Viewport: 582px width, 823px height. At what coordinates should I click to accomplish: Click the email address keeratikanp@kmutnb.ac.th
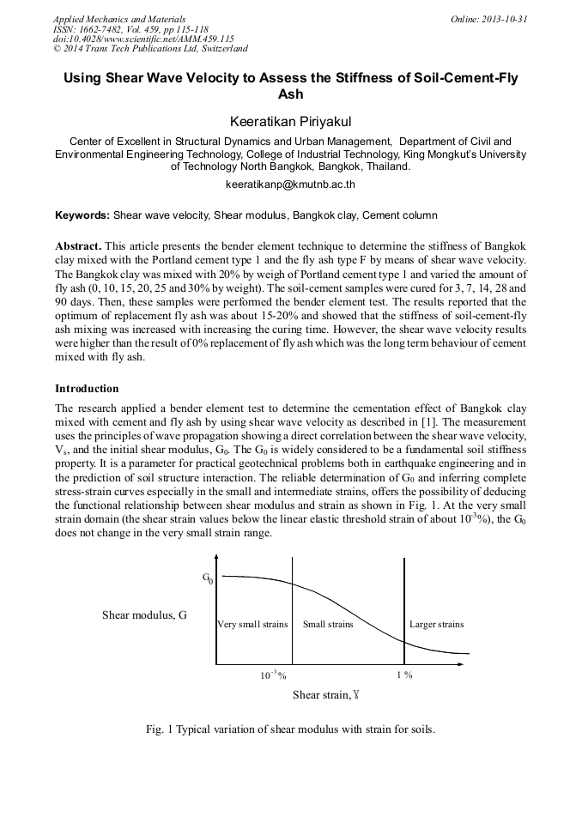pos(291,185)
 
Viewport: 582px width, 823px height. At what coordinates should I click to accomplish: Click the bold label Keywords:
pos(82,215)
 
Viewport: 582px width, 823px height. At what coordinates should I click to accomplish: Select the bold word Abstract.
pos(79,245)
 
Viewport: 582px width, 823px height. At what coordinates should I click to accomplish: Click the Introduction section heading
pos(87,389)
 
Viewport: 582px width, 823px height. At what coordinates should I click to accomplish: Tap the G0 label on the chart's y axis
pos(208,578)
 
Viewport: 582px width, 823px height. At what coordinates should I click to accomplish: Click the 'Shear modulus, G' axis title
pos(144,615)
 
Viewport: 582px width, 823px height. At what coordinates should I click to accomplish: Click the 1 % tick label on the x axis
pos(404,675)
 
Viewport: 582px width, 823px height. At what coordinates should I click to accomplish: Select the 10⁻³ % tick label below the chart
pos(273,675)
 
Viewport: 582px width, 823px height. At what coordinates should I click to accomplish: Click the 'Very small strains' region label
pos(252,624)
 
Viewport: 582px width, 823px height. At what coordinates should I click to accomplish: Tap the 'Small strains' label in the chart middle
pos(328,624)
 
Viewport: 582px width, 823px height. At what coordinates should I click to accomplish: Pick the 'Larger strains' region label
pos(436,624)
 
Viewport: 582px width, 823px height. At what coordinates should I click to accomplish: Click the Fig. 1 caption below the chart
pos(291,730)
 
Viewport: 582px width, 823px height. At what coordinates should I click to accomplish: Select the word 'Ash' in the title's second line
pos(291,94)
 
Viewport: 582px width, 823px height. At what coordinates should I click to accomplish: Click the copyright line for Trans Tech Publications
pos(150,50)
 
